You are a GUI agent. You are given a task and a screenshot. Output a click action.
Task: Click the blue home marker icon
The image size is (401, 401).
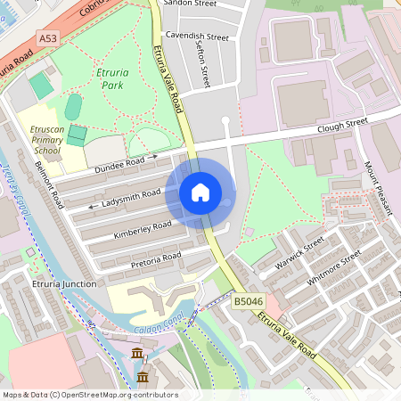(x=200, y=192)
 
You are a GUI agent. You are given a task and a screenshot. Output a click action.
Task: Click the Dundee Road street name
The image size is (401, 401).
(x=119, y=163)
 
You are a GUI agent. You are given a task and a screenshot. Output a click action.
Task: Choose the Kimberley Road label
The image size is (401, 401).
(x=142, y=230)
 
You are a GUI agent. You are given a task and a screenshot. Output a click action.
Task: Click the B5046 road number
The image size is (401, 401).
(x=250, y=303)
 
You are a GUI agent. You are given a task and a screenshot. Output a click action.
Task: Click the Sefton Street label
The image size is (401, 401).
(x=203, y=68)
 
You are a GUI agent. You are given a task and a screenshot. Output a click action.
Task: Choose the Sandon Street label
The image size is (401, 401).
(x=197, y=4)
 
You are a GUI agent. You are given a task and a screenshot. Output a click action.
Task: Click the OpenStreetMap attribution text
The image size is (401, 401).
(x=89, y=395)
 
